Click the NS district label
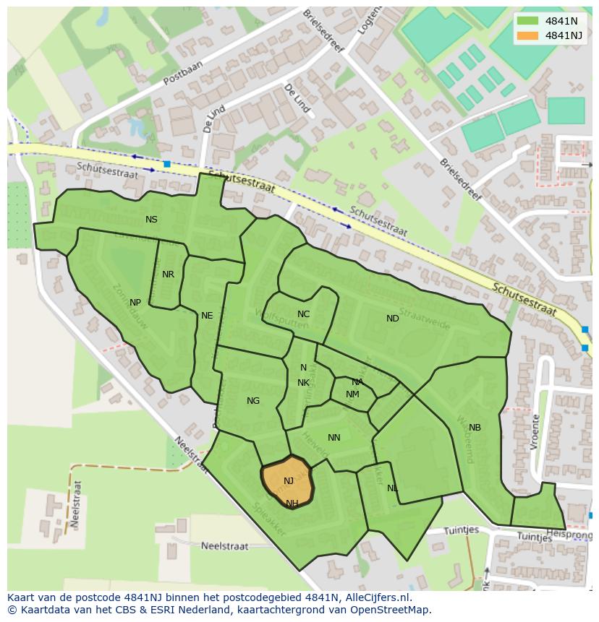[x=151, y=220]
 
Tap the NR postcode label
[x=168, y=275]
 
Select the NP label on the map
[x=135, y=303]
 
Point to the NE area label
[x=207, y=316]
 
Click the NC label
[x=303, y=314]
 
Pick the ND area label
[x=392, y=319]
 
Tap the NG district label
[x=252, y=401]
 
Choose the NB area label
[x=475, y=428]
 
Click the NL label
[x=392, y=488]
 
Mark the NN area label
[x=334, y=438]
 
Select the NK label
[x=303, y=383]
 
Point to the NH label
[x=292, y=504]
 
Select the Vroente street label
[x=535, y=432]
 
